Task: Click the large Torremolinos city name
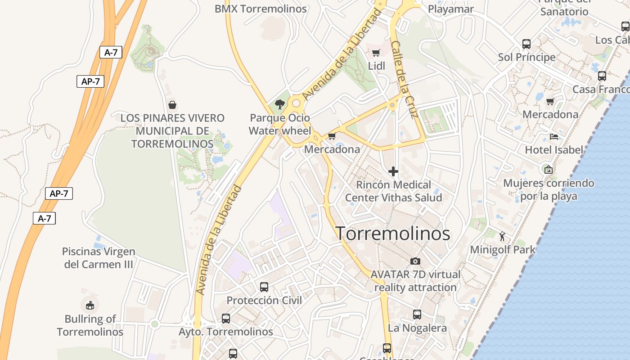(x=393, y=234)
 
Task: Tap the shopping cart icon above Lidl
(x=376, y=53)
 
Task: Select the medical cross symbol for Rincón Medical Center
(x=393, y=171)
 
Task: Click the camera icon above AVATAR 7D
(x=415, y=261)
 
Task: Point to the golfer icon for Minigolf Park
(x=503, y=236)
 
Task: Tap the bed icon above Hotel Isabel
(x=554, y=136)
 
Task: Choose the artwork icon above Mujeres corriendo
(x=548, y=170)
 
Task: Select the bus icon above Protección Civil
(x=264, y=287)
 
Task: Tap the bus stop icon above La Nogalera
(x=417, y=315)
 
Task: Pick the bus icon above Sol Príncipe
(x=526, y=44)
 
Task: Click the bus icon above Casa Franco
(x=602, y=76)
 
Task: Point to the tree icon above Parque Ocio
(x=280, y=105)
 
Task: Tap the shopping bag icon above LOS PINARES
(x=172, y=105)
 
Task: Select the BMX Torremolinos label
(x=261, y=9)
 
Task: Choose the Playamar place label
(x=450, y=9)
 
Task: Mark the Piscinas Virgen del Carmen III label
(x=99, y=258)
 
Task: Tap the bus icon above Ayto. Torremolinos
(x=226, y=319)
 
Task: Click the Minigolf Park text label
(x=503, y=249)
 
